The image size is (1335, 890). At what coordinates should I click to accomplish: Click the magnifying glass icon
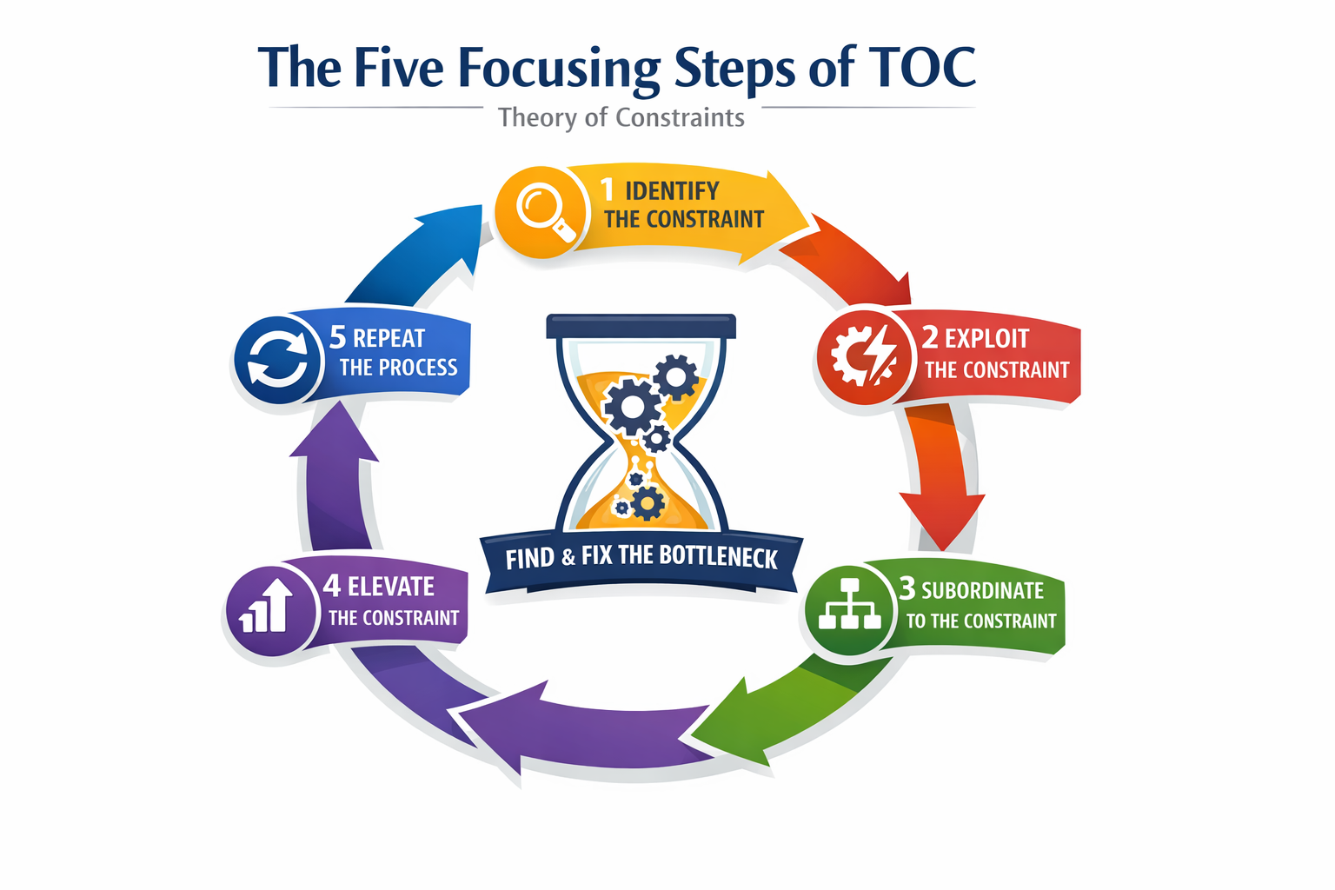coord(540,210)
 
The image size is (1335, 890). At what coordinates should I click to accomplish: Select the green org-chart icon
coord(849,605)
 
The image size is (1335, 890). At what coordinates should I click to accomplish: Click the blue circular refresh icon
coord(277,359)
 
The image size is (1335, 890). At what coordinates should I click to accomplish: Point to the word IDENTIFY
coord(672,190)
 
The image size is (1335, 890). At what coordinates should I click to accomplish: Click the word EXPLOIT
coord(986,338)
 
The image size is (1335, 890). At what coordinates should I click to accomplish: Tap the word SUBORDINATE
coord(982,590)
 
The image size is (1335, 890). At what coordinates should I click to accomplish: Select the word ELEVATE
coord(390,587)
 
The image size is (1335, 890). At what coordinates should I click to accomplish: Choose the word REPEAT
coord(389,338)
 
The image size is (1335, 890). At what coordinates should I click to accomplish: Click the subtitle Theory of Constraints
coord(621,117)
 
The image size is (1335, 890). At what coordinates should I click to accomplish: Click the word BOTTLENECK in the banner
coord(718,556)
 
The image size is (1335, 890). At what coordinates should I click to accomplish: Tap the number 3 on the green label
coord(907,588)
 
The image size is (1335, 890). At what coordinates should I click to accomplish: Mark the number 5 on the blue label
coord(337,336)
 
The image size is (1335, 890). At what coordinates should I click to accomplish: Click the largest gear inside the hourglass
coord(632,406)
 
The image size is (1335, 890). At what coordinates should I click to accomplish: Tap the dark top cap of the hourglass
coord(641,327)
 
